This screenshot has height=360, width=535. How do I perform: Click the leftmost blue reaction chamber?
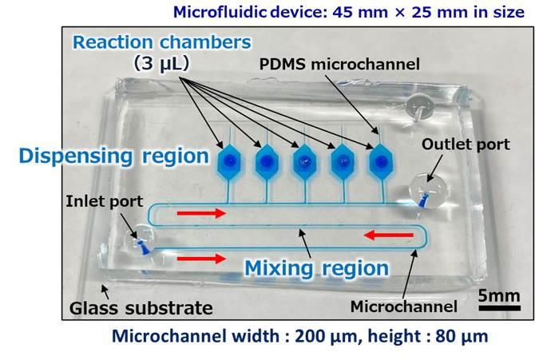(229, 162)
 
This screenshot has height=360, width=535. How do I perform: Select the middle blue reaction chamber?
(304, 162)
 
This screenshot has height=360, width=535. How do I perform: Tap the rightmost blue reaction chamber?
(377, 162)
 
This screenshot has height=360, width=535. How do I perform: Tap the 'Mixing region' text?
(316, 267)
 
